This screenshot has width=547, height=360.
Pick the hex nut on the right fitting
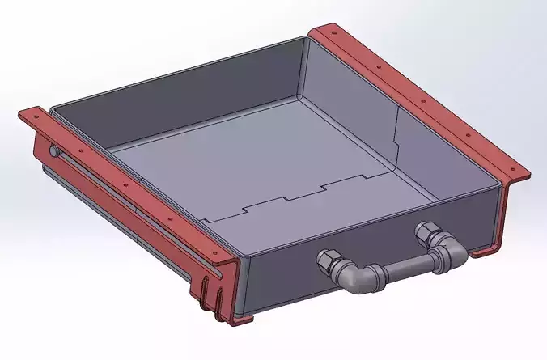point(426,233)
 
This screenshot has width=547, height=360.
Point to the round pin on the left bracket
point(53,150)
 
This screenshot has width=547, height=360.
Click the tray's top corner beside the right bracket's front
point(498,184)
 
